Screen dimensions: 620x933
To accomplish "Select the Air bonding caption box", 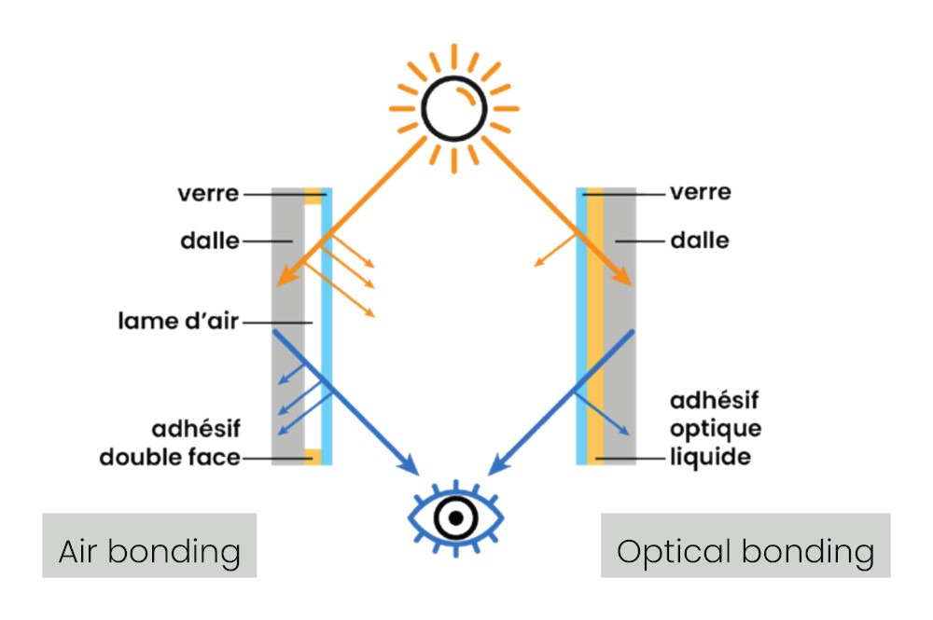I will [x=149, y=551].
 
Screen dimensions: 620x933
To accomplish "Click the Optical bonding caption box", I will [x=745, y=551].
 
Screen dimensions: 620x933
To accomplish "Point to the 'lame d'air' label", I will [x=177, y=322].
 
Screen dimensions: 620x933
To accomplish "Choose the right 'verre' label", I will [x=701, y=193].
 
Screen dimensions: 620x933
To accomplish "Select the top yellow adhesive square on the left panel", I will [x=313, y=196].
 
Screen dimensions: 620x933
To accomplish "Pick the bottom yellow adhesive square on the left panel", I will [x=313, y=457].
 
